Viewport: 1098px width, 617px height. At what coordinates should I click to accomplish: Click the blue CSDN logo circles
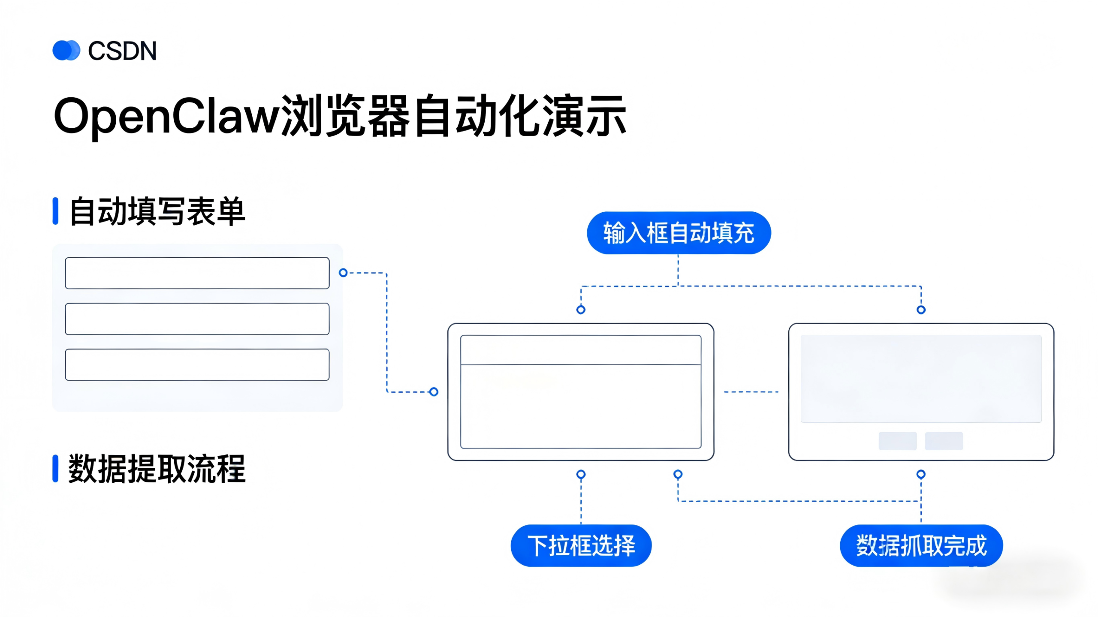pos(66,51)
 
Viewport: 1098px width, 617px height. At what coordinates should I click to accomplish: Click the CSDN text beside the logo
pos(122,51)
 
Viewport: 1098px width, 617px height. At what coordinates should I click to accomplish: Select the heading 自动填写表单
pos(157,211)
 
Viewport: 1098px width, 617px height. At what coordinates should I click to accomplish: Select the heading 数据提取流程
pos(157,469)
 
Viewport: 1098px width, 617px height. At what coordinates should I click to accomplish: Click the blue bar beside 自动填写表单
pos(55,211)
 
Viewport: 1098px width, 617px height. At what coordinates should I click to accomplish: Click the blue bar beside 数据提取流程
pos(55,469)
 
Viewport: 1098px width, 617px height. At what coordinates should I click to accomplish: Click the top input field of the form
pos(197,273)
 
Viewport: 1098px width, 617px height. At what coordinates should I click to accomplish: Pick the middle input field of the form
pos(197,319)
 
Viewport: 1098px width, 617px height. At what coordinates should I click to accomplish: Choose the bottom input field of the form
pos(197,365)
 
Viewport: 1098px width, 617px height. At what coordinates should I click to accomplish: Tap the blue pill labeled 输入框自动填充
pos(679,233)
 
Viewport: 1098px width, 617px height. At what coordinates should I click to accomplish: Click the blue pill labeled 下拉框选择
pos(581,545)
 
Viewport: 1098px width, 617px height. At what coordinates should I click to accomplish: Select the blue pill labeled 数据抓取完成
pos(921,545)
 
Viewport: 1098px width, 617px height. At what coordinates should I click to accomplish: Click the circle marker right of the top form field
pos(343,273)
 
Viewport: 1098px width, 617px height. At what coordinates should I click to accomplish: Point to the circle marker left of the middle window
pos(434,392)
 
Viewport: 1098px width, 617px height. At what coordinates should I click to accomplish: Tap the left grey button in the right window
pos(897,441)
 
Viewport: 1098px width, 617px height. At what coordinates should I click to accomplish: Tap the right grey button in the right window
pos(944,441)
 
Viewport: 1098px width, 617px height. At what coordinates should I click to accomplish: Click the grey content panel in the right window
pos(921,379)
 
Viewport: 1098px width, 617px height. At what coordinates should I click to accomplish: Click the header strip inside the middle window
pos(581,350)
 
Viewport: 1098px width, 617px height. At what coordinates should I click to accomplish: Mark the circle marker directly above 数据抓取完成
pos(921,474)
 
